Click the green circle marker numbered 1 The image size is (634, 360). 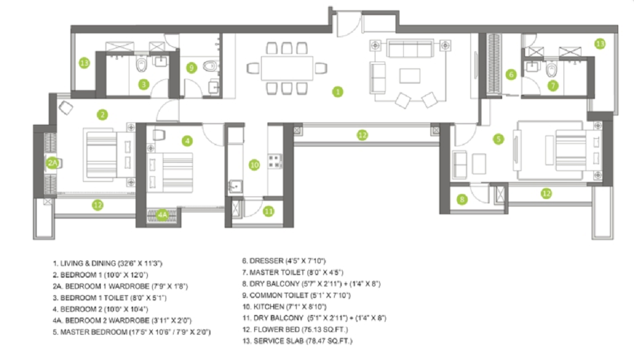click(x=338, y=91)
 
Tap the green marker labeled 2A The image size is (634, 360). click(x=53, y=163)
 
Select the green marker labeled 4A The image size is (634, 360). click(x=163, y=215)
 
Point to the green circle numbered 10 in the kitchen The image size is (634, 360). click(x=254, y=165)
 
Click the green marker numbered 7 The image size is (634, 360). click(x=553, y=84)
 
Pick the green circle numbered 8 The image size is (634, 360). click(x=462, y=200)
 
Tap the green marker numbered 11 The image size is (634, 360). click(x=269, y=211)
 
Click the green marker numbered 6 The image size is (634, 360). click(x=511, y=74)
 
